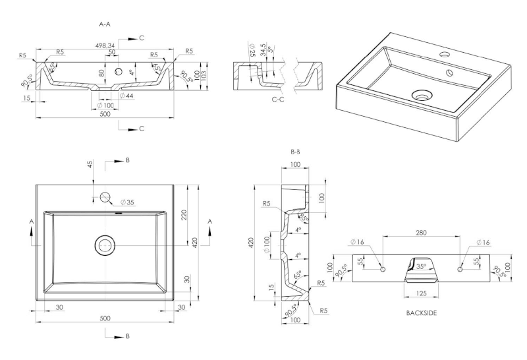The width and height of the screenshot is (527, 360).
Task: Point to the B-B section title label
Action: click(x=295, y=152)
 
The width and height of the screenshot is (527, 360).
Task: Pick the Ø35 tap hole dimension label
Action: click(x=127, y=202)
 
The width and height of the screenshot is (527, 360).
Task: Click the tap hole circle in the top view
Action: click(x=105, y=196)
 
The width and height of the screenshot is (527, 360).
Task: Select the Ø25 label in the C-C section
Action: click(x=252, y=49)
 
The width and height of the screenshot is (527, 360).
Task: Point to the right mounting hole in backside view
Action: click(x=460, y=270)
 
